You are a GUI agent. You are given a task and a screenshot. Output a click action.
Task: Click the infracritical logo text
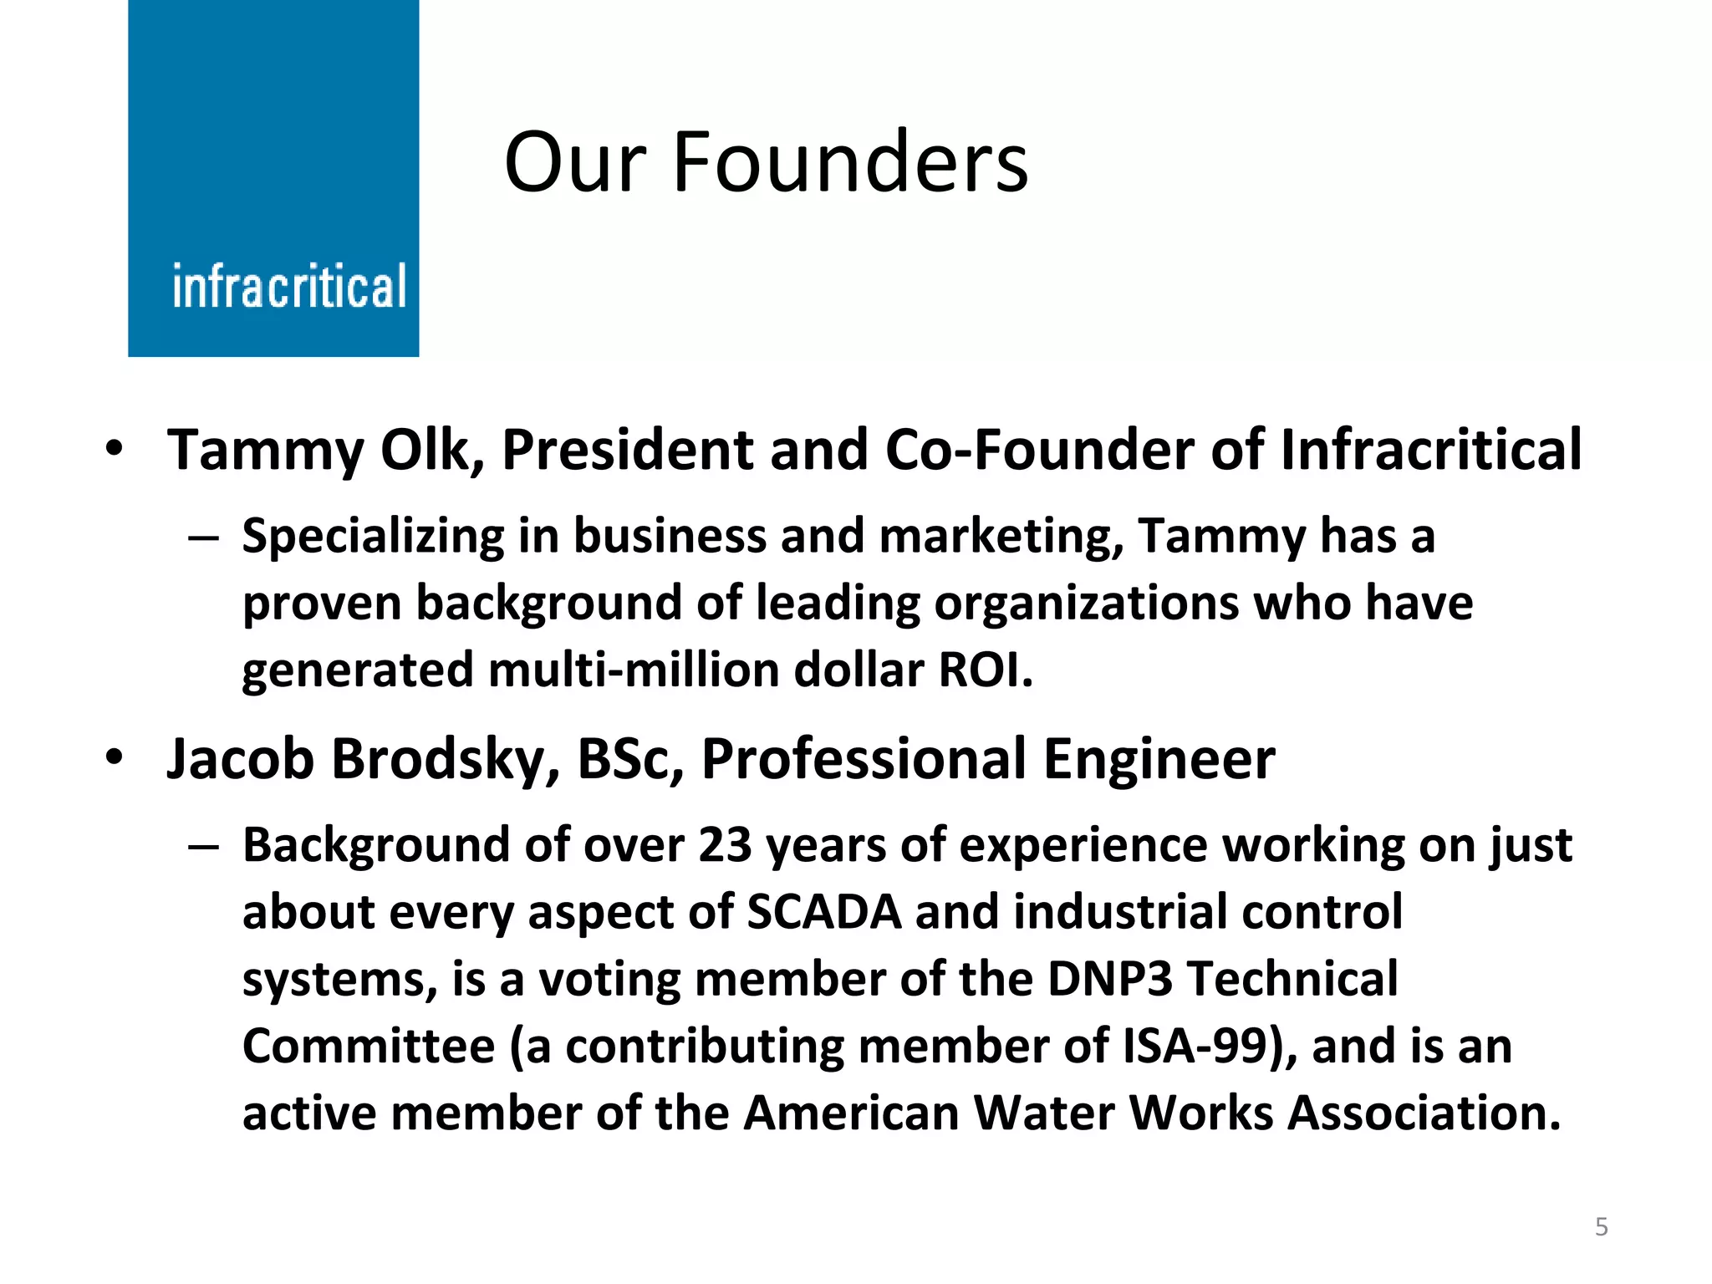[x=289, y=287]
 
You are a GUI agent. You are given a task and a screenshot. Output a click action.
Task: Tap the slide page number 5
[x=1601, y=1226]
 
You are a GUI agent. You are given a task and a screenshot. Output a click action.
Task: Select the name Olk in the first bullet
[x=433, y=450]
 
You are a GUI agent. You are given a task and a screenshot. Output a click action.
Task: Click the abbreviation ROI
[x=986, y=670]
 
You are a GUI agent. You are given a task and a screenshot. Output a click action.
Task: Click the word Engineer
[x=1159, y=759]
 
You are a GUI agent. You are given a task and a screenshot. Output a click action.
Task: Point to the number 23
[x=725, y=845]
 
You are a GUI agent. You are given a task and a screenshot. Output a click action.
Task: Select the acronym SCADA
[x=823, y=912]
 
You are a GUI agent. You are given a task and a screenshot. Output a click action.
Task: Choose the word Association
[x=1424, y=1113]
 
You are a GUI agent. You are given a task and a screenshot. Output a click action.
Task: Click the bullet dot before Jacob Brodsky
[x=115, y=757]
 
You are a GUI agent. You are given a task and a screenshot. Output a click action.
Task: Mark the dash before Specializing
[x=203, y=538]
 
